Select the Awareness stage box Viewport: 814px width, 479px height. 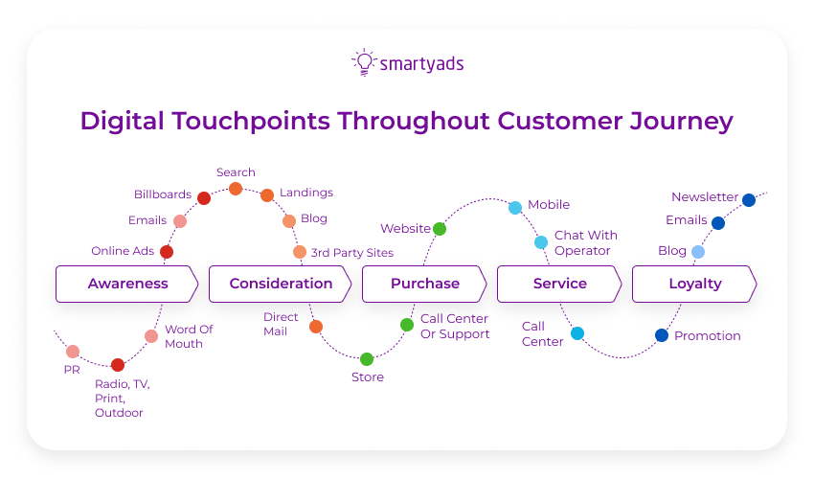point(127,284)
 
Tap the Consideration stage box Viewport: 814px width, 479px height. point(281,284)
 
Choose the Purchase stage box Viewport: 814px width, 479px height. point(424,284)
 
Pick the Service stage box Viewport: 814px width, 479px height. point(559,284)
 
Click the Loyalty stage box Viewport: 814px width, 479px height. point(694,284)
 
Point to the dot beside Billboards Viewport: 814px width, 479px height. point(204,198)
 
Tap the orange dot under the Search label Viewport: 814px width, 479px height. point(236,189)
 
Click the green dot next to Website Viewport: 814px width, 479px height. point(440,229)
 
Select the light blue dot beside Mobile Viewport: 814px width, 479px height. point(515,208)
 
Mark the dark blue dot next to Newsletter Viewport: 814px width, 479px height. point(749,200)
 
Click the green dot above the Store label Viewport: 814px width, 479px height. point(367,359)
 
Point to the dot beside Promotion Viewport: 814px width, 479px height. point(662,335)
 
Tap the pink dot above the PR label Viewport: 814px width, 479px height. point(73,352)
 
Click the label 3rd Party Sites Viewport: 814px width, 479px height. point(351,253)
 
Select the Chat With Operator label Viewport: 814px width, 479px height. point(585,242)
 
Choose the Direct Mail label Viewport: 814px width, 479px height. point(281,324)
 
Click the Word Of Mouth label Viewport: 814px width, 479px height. point(189,336)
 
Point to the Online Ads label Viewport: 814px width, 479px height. point(123,251)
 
